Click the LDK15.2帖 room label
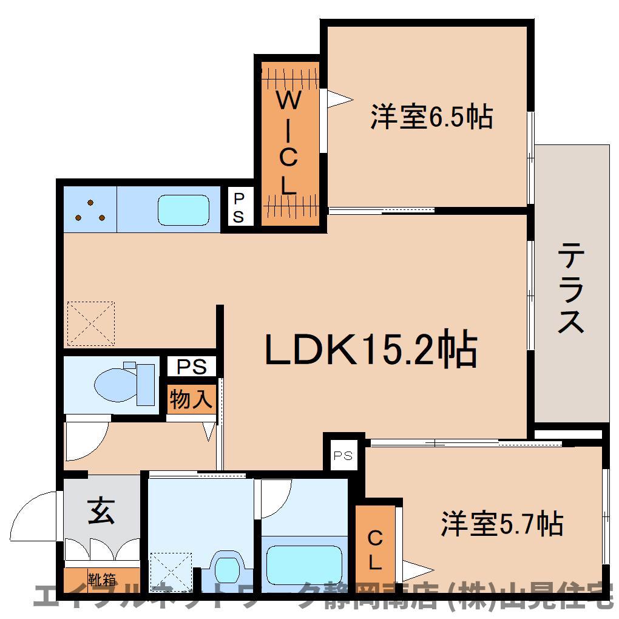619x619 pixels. (x=371, y=348)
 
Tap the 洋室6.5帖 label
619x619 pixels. (x=431, y=117)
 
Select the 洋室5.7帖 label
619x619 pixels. (x=502, y=524)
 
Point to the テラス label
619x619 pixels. (x=571, y=288)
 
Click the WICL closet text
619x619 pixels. (x=289, y=143)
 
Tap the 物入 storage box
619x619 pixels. (x=191, y=399)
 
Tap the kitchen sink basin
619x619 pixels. (x=183, y=210)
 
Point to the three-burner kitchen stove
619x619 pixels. (x=90, y=209)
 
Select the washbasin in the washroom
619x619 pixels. (x=226, y=567)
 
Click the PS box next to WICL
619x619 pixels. (x=238, y=208)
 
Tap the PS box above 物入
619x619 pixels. (x=191, y=366)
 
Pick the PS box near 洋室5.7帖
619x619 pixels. (x=343, y=456)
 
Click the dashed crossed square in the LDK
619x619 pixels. (x=91, y=323)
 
